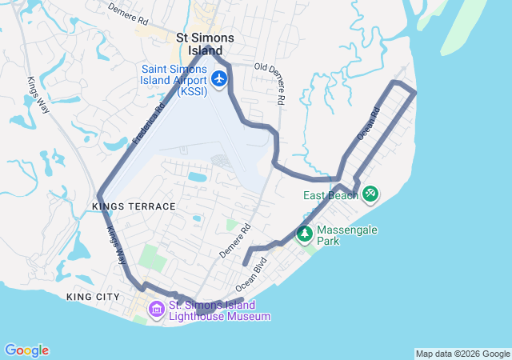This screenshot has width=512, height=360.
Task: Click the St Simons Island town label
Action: pyautogui.click(x=206, y=44)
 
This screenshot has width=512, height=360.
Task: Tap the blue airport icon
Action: pyautogui.click(x=220, y=78)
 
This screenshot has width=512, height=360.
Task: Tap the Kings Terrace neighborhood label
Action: pyautogui.click(x=134, y=206)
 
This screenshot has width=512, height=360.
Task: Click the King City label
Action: pyautogui.click(x=93, y=297)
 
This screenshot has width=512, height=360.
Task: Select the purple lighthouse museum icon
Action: pyautogui.click(x=156, y=309)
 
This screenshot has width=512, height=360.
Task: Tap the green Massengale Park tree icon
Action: pyautogui.click(x=304, y=234)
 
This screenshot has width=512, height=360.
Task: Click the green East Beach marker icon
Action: pyautogui.click(x=370, y=194)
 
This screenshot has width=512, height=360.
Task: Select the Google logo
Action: pyautogui.click(x=26, y=350)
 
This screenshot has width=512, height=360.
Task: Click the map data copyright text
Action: pyautogui.click(x=462, y=354)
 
